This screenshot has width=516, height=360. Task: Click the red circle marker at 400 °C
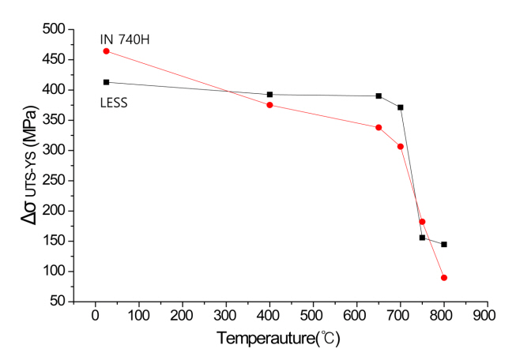[270, 105]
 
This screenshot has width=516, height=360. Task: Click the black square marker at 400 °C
[270, 95]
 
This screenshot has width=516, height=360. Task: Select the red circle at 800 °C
[444, 278]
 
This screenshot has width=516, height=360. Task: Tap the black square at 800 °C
[444, 245]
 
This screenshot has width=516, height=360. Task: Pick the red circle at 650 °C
[379, 127]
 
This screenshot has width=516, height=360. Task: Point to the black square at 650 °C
[379, 96]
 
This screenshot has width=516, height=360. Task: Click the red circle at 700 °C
[401, 147]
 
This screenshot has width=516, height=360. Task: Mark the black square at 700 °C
[401, 107]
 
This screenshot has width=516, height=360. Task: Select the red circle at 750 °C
[422, 222]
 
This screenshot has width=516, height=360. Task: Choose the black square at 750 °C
[422, 238]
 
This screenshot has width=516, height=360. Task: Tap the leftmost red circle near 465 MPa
[106, 51]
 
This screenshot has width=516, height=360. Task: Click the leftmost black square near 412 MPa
[106, 82]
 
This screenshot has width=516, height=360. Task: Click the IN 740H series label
[124, 39]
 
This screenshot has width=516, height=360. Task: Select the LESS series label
[115, 103]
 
